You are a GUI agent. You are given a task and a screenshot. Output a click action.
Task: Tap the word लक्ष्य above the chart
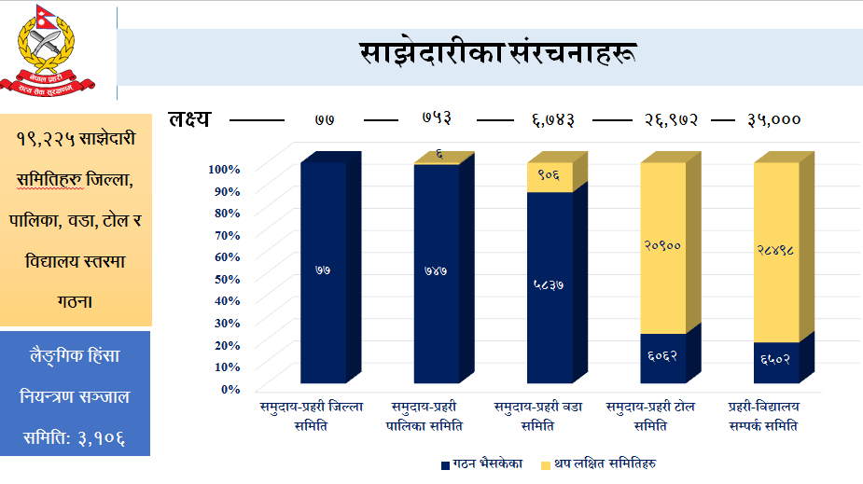[x=189, y=119]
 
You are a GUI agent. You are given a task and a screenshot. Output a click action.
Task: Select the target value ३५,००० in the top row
[x=774, y=119]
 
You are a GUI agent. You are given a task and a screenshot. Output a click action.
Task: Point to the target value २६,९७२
[x=670, y=119]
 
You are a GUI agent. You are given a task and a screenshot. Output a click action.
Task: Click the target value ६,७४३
[x=553, y=119]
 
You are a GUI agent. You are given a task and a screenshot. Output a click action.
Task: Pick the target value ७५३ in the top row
[x=437, y=119]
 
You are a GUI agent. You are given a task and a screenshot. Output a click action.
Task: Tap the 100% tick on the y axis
[x=225, y=169]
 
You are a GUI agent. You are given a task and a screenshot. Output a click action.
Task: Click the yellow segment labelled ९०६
[x=549, y=175]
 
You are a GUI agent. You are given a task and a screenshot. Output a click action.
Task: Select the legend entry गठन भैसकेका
[x=481, y=463]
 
